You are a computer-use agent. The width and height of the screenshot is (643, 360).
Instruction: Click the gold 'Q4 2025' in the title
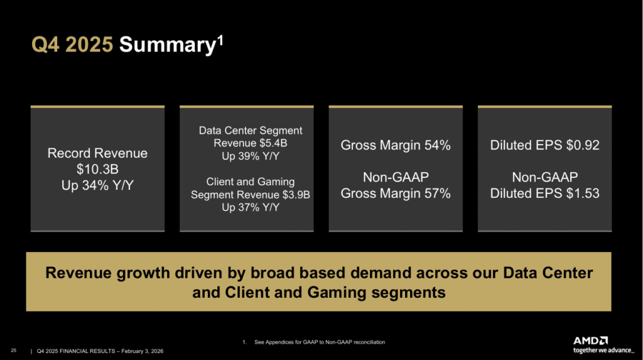pyautogui.click(x=72, y=45)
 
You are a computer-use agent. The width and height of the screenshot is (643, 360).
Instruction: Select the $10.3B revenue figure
pyautogui.click(x=97, y=170)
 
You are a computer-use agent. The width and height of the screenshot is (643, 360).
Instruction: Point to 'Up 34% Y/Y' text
pyautogui.click(x=97, y=186)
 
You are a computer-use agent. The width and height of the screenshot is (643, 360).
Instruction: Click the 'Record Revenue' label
pyautogui.click(x=97, y=153)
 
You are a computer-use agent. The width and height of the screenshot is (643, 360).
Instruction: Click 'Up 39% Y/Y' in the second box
pyautogui.click(x=251, y=156)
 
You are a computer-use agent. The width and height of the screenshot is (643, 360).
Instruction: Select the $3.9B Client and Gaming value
pyautogui.click(x=295, y=195)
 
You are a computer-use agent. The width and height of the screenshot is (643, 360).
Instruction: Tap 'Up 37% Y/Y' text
pyautogui.click(x=251, y=207)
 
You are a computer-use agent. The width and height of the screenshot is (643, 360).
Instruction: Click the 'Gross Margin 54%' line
pyautogui.click(x=396, y=146)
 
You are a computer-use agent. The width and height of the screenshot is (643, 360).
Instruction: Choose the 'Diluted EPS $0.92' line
pyautogui.click(x=544, y=146)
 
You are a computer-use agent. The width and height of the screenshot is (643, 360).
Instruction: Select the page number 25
pyautogui.click(x=13, y=350)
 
